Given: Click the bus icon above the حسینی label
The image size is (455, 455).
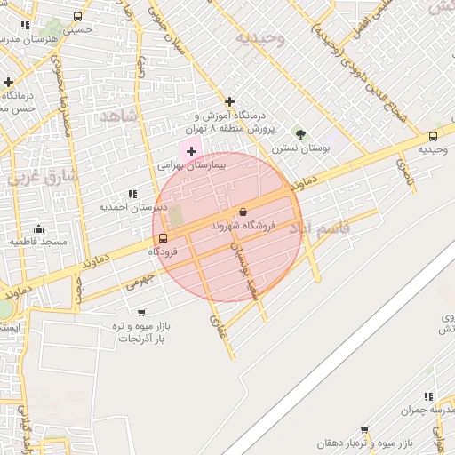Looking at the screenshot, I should (78, 16).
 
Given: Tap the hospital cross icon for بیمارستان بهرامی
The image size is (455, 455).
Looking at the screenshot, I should (191, 152).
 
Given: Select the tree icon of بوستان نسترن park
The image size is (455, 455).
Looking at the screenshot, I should (300, 135).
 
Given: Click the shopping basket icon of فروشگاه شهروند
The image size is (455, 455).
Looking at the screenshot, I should (243, 212).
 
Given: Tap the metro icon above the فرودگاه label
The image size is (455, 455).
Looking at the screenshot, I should (162, 237).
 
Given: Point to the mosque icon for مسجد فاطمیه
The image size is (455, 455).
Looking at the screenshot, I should (37, 228).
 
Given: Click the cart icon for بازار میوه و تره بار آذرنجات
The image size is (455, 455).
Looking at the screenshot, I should (141, 312).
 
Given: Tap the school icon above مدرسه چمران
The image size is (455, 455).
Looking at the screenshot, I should (428, 396).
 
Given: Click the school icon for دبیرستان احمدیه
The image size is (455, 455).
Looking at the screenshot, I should (132, 193).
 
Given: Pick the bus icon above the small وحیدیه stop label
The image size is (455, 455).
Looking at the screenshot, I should (433, 136).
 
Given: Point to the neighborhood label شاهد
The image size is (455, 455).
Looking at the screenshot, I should (119, 116).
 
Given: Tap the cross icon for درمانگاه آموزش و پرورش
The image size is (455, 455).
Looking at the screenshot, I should (230, 101).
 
